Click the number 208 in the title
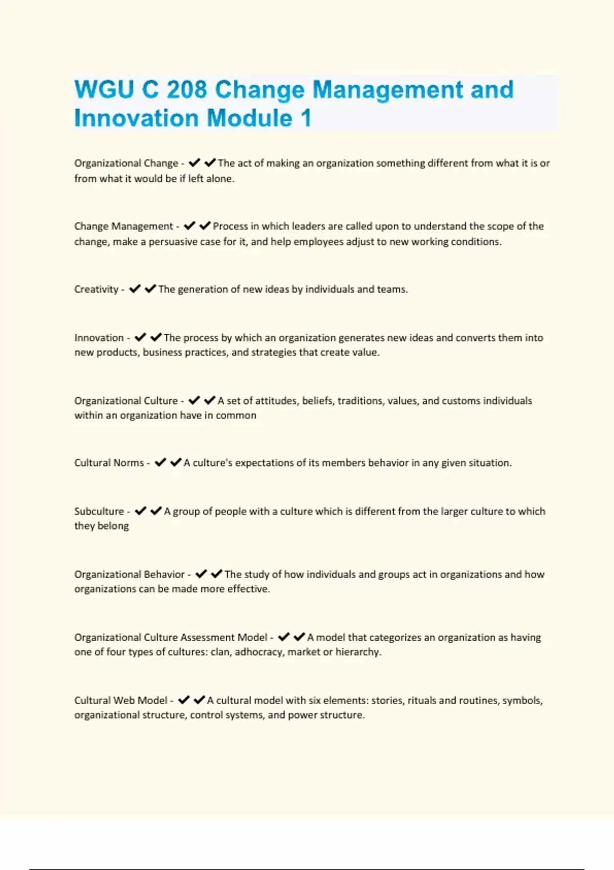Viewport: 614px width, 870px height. (x=186, y=90)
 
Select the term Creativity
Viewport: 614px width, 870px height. (x=96, y=289)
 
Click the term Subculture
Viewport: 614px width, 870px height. (x=99, y=511)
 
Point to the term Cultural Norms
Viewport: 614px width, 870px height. (x=109, y=463)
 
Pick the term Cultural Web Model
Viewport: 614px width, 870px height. (x=121, y=700)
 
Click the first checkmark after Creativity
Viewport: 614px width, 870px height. (x=135, y=289)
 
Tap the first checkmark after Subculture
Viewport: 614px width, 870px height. (x=140, y=511)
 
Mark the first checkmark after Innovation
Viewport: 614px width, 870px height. (x=140, y=337)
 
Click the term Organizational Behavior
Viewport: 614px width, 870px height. (x=129, y=574)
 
